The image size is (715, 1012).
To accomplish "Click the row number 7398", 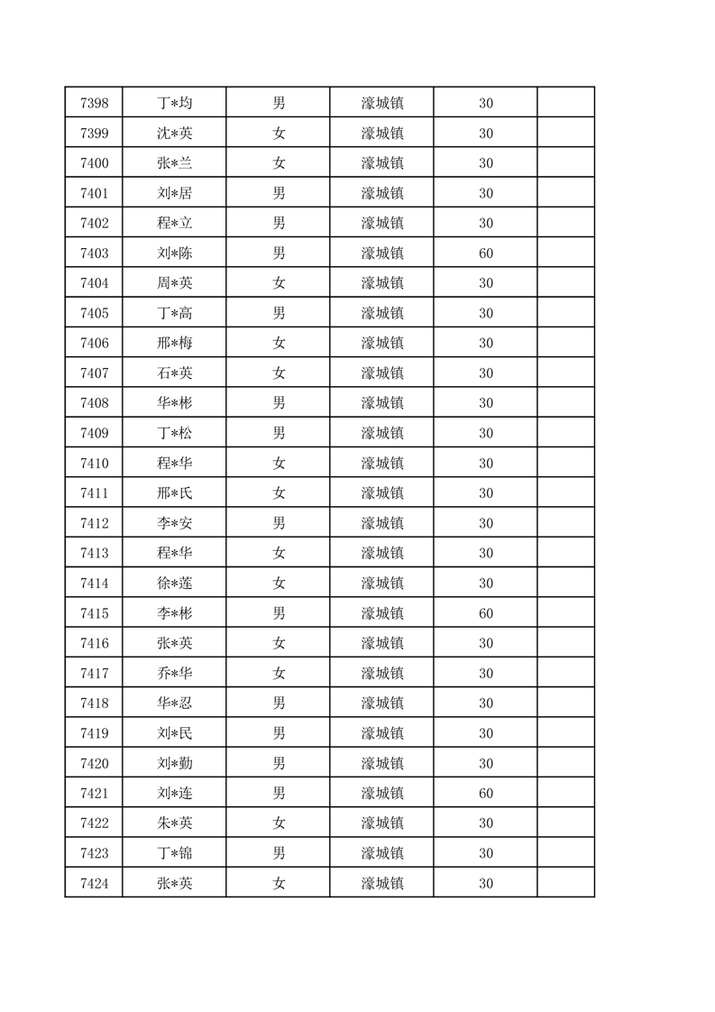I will click(x=94, y=104).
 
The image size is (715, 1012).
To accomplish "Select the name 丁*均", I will click(x=174, y=104).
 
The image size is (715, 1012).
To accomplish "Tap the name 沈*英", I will click(x=174, y=133).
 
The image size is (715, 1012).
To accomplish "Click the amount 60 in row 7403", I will click(x=485, y=253).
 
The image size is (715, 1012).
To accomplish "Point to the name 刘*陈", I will click(x=174, y=253).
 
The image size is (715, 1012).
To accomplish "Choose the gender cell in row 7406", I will click(x=279, y=344).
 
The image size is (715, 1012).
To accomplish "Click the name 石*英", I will click(x=174, y=373).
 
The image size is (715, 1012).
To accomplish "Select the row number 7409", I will click(x=94, y=434).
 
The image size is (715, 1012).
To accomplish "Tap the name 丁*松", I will click(x=174, y=434).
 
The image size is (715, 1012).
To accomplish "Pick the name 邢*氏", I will click(x=174, y=493).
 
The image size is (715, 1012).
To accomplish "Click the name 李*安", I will click(x=174, y=523).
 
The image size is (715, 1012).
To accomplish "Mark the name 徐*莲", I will click(x=174, y=584).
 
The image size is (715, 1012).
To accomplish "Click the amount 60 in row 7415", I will click(x=485, y=613).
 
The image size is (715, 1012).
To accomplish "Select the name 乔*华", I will click(x=174, y=673).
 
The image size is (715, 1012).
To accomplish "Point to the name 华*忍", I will click(x=174, y=703).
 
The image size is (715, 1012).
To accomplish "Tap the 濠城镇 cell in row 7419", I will click(x=381, y=733).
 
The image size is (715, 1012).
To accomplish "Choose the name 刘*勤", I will click(x=174, y=764).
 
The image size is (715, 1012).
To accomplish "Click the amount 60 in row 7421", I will click(x=485, y=794).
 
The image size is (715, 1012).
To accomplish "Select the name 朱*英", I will click(x=174, y=823).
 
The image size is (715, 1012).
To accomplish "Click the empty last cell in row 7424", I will click(x=565, y=883).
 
